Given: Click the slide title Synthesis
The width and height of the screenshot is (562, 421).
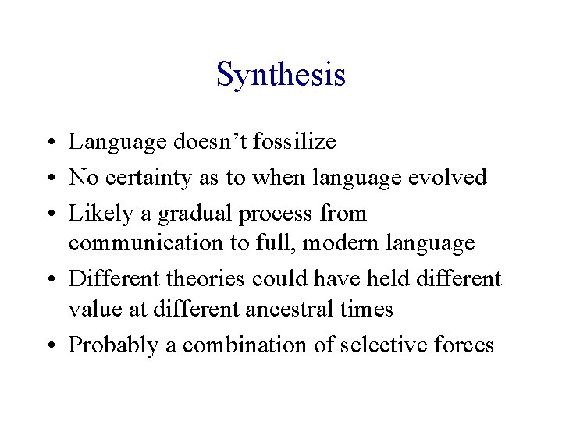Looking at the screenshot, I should point(280,75).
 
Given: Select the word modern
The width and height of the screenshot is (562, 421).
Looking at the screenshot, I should point(339,243).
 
